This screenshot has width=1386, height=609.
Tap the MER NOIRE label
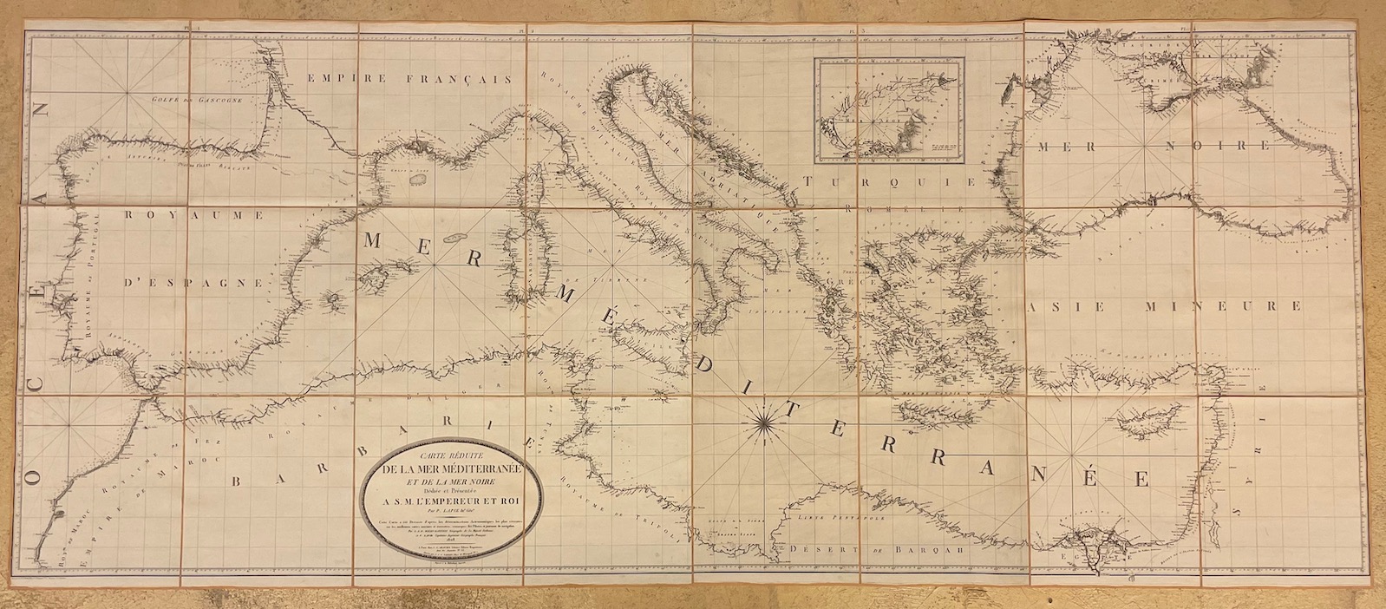coord(1151,147)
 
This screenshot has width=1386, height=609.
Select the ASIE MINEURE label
coord(1164,307)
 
